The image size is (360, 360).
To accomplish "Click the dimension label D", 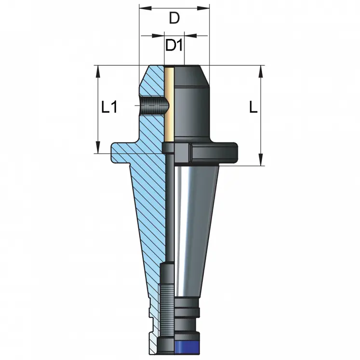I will point(174,19).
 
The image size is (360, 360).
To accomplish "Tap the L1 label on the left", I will point(109,107).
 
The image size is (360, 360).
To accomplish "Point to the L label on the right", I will point(253,107).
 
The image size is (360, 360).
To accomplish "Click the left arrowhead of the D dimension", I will point(142,8).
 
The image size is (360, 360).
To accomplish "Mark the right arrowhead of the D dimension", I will point(207,8).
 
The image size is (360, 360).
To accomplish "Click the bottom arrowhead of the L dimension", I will point(261,162).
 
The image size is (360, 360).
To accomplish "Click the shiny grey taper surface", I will point(193,217).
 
